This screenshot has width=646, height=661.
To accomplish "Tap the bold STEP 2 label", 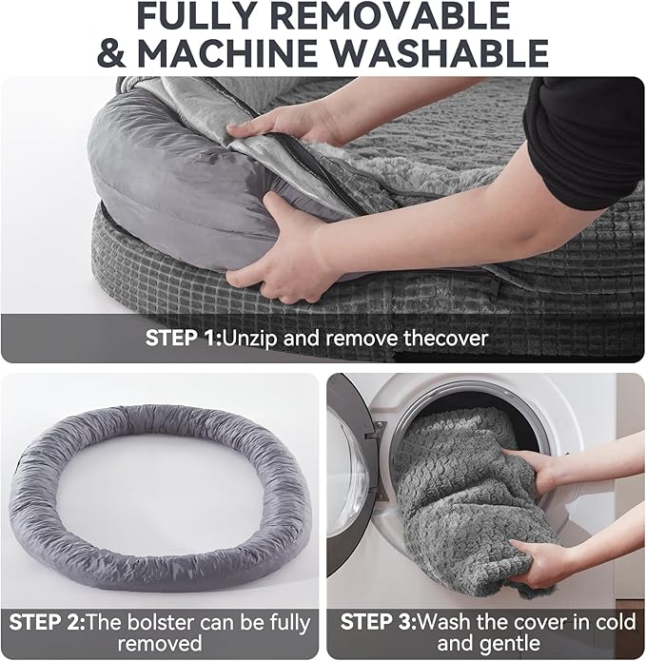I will click(45, 624).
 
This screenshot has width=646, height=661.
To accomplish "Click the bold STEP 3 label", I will click(377, 624).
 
